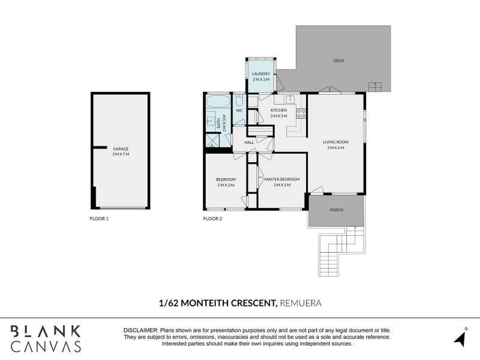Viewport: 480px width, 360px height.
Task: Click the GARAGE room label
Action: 120,148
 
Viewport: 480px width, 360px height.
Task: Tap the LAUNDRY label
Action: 260,74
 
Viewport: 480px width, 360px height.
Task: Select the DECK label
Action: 338,61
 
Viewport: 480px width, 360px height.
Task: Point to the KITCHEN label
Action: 279,110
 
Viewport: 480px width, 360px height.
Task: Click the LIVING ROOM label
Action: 335,142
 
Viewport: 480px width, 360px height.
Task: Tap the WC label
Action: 239,110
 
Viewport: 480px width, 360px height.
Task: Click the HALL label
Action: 240,142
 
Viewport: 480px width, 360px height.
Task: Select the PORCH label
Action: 337,211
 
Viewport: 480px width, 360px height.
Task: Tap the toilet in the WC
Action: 239,100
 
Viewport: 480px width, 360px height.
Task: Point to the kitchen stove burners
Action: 301,113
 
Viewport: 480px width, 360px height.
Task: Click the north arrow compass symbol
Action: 461,338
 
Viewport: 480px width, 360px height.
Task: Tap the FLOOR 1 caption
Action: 99,219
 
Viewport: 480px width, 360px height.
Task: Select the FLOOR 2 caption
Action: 212,219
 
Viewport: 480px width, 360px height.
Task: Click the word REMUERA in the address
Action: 301,303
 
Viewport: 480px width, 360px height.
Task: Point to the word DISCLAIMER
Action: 141,331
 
